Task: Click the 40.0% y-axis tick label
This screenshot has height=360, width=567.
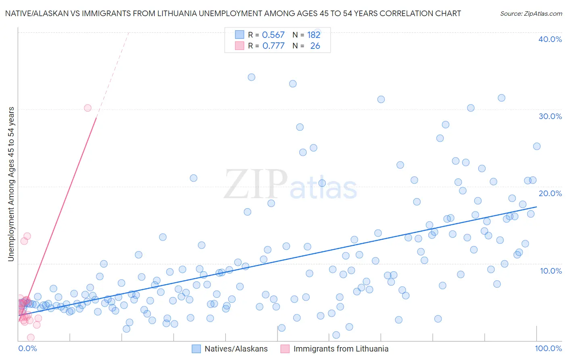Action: [550, 39]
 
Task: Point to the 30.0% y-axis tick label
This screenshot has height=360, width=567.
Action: [550, 116]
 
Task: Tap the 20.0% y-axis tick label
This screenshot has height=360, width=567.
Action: [550, 193]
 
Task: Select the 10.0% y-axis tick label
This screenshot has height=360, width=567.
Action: [551, 271]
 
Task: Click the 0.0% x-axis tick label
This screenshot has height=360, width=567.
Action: [27, 348]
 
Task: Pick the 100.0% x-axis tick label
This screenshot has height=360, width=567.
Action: [548, 348]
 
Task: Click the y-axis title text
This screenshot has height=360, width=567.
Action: [11, 184]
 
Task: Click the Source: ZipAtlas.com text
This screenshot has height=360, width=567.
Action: [531, 13]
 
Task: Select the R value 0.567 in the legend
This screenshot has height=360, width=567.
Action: [273, 35]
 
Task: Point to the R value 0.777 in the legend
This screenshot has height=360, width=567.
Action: [273, 46]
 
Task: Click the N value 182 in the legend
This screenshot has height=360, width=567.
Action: [313, 35]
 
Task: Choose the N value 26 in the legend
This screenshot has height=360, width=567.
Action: [315, 46]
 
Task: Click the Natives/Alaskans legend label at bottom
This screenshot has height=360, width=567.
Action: [236, 349]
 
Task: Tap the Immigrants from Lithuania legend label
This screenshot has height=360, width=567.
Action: [341, 349]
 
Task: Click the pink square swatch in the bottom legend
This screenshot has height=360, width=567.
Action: [285, 349]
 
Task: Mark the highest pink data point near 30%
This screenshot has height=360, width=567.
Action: [88, 108]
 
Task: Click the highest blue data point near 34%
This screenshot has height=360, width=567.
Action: [251, 77]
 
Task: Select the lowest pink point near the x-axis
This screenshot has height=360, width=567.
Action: [31, 337]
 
